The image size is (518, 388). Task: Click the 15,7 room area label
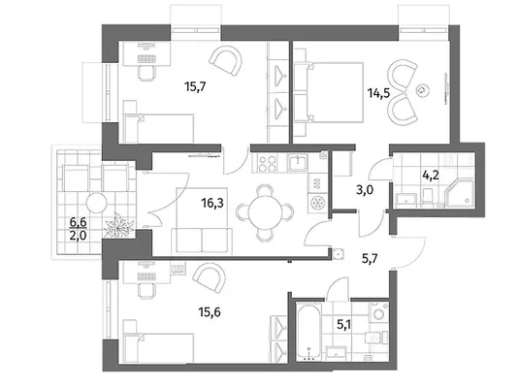click(x=195, y=87)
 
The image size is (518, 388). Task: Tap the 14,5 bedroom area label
click(x=379, y=93)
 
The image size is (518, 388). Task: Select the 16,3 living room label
click(x=212, y=203)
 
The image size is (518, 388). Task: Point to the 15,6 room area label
click(x=210, y=311)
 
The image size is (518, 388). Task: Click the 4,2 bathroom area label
click(x=431, y=175)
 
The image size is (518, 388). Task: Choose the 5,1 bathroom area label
click(x=343, y=325)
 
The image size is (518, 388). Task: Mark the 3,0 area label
click(x=365, y=190)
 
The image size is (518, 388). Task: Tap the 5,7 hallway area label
click(x=370, y=259)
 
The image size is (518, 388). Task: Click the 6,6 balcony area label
click(x=78, y=222)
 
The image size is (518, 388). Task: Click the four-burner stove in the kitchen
click(x=267, y=164)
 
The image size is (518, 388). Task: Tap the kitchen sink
click(x=298, y=163)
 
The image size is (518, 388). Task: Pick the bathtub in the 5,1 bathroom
click(x=309, y=331)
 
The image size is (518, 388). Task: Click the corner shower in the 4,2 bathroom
click(x=460, y=193)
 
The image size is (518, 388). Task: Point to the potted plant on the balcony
click(x=118, y=226)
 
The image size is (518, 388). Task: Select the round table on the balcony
click(x=97, y=203)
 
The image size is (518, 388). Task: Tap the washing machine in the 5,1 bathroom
click(x=378, y=311)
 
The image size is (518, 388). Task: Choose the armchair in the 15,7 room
click(x=226, y=61)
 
